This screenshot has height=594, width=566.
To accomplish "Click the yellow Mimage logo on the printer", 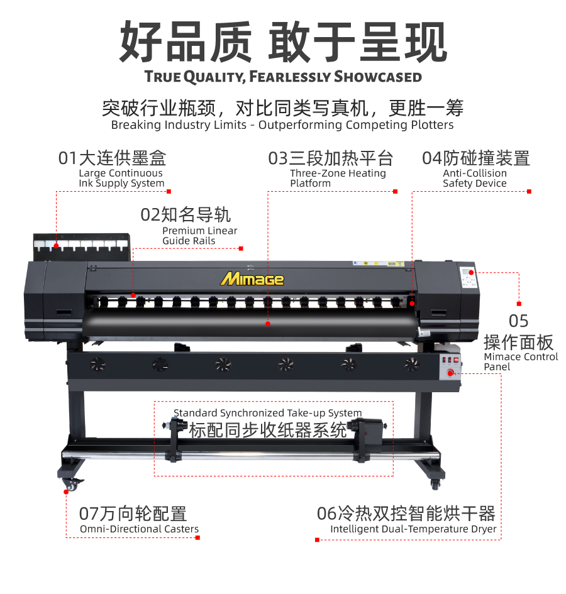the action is click(x=252, y=279).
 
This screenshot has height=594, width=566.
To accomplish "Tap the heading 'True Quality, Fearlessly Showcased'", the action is click(x=283, y=77).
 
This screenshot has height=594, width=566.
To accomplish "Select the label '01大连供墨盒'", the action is click(x=112, y=158).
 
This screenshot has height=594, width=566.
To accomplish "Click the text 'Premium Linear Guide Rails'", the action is click(x=200, y=236).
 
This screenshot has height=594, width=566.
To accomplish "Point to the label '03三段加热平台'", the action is click(x=331, y=158).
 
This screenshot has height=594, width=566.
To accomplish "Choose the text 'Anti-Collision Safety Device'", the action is click(x=475, y=178).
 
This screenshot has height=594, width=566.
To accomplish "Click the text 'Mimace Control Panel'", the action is click(x=521, y=362).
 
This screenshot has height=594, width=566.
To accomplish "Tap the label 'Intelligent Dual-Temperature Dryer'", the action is click(x=413, y=529).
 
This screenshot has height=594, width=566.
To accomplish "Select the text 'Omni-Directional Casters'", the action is click(x=139, y=529).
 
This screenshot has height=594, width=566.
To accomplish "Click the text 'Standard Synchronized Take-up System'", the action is click(x=268, y=413).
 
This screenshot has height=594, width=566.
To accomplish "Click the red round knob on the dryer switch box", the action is click(x=450, y=373).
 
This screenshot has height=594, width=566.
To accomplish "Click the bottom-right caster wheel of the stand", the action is click(x=435, y=484).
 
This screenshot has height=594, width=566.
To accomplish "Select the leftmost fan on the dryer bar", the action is click(x=98, y=365).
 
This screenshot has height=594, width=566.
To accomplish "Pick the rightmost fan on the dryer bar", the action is click(x=411, y=365).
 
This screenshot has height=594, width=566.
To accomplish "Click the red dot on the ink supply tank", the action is click(x=56, y=246).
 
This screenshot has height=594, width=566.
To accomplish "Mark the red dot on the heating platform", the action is click(x=268, y=324).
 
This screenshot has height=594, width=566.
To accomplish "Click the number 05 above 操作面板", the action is click(x=518, y=321).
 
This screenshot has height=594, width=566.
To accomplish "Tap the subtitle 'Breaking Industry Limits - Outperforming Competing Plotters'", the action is click(x=282, y=124).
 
